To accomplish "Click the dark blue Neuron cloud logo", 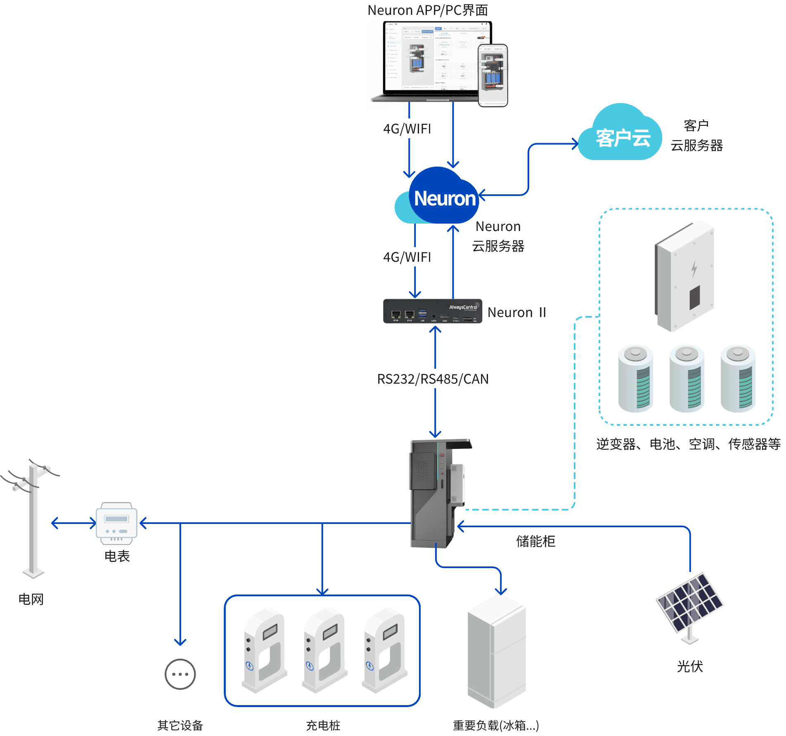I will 444,197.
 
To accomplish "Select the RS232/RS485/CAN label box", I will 432,379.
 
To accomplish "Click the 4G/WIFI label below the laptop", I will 407,129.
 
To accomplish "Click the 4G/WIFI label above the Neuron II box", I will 407,257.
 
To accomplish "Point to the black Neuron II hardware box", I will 432,311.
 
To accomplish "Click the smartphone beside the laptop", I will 492,75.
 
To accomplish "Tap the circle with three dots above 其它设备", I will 180,674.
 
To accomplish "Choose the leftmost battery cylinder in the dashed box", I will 636,379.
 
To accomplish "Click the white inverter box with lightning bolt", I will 686,276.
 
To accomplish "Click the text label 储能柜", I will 535,541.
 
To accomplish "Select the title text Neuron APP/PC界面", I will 428,10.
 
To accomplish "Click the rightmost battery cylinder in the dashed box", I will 738,379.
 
